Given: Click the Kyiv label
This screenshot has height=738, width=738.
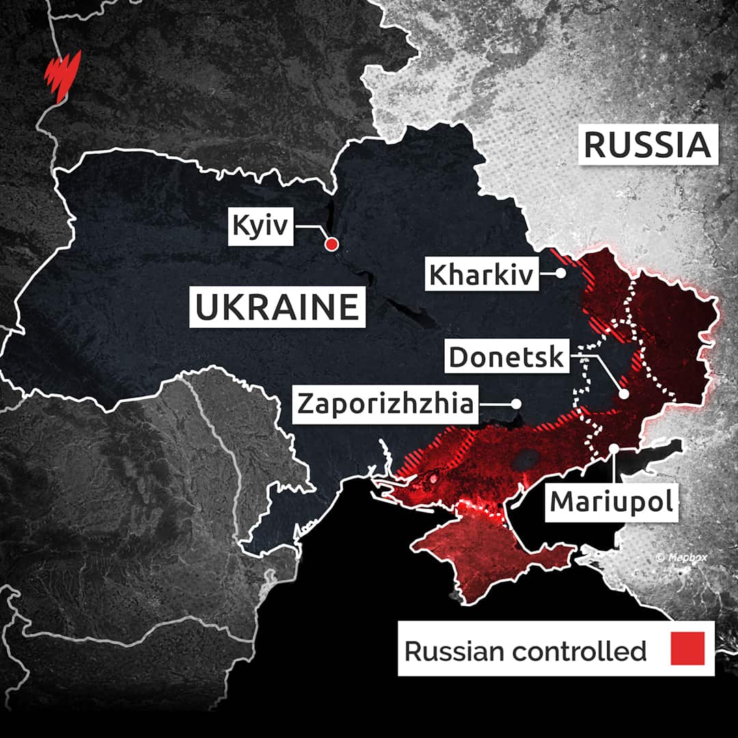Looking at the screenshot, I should (261, 227).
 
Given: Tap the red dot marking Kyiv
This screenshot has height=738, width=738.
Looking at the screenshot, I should (331, 244).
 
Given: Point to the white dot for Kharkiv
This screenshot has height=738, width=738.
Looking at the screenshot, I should (560, 273).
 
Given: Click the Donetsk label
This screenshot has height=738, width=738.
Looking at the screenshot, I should (506, 357).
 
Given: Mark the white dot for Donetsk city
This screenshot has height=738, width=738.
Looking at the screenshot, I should (624, 394).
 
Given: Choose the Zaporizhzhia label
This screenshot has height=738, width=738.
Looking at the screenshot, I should (385, 403).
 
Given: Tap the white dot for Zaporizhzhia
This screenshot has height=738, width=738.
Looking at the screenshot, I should (516, 403).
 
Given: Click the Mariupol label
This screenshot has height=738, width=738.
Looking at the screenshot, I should (612, 502).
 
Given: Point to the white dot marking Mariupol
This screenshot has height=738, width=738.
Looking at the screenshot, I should (614, 448).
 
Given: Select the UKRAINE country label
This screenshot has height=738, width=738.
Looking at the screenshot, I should (277, 307).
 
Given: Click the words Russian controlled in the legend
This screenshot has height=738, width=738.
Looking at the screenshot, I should (525, 651).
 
